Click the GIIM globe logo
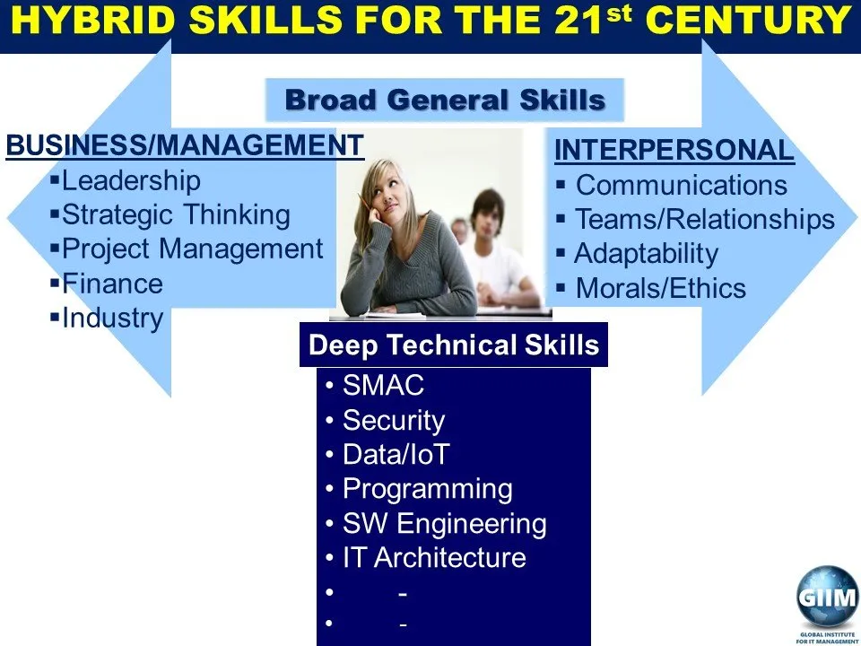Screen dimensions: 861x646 (827, 596)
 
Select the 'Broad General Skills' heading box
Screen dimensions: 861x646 (445, 100)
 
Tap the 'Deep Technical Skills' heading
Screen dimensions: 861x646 (454, 345)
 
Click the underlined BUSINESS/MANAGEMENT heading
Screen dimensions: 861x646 (185, 145)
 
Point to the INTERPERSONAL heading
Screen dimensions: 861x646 (674, 150)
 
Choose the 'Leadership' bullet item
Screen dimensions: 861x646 (131, 180)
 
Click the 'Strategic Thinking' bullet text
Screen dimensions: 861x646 (176, 214)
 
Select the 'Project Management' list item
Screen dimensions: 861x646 (192, 249)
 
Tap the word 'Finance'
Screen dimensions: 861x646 (113, 284)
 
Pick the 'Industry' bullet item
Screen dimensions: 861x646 (113, 318)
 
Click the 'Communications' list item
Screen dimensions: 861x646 (682, 185)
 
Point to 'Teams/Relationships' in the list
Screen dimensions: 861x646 (705, 219)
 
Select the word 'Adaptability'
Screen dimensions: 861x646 (647, 254)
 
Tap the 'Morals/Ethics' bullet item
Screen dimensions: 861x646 (661, 288)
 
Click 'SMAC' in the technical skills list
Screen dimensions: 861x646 (383, 385)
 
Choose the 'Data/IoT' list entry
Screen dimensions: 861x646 (396, 454)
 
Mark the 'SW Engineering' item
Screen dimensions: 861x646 (445, 523)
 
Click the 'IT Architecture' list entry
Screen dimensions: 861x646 (434, 557)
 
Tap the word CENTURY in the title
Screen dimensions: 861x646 (748, 21)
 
